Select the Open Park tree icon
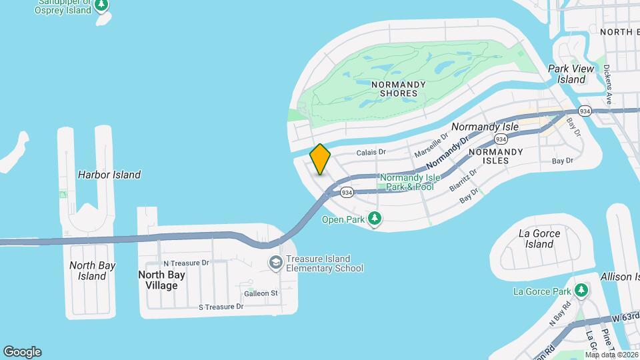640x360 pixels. point(375,218)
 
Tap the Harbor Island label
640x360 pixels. point(109,175)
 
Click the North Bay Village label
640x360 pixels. point(158,280)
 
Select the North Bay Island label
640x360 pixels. point(92,271)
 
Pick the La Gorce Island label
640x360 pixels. point(539,239)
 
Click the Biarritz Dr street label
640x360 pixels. point(463,180)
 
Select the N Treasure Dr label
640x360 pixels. point(186,263)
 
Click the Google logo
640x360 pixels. point(22,352)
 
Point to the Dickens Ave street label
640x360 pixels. point(607,84)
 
